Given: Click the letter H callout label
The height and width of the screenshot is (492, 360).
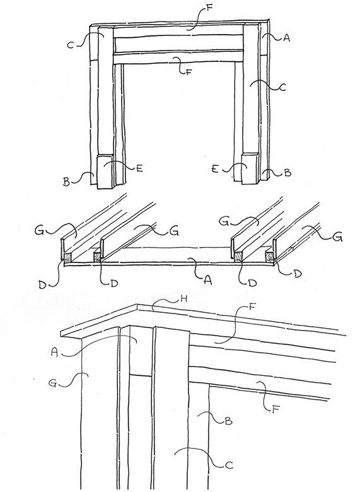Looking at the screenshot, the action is point(185,298).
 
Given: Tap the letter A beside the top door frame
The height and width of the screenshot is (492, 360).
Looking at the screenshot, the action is point(286,38).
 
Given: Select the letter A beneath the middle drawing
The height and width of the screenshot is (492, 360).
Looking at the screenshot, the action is point(207,280).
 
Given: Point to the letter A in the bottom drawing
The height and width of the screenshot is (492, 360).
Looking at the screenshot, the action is point(55,353).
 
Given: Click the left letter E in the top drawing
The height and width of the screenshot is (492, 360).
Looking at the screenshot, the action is point(139,168).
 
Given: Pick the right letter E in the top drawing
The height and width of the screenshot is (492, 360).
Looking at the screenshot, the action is point(215,170).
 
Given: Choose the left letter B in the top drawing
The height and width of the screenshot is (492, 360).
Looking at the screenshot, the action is point(66,182).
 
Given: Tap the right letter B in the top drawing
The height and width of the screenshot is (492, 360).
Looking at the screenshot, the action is point(287,173).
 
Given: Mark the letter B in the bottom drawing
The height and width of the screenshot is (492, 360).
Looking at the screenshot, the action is point(229,421).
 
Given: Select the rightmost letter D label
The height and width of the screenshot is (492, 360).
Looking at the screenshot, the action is point(298,273).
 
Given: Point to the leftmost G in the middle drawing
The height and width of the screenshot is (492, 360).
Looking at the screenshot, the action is point(40,232).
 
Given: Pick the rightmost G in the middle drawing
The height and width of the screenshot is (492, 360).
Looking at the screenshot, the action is point(338,238).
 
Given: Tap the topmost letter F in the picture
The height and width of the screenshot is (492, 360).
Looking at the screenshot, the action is point(209,8).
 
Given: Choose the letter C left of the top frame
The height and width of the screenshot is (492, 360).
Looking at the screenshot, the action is point(71,45).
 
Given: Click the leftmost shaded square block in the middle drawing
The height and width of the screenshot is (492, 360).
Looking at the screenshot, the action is point(67,257).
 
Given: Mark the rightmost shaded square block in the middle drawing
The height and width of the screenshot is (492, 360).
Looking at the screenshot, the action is point(269,256).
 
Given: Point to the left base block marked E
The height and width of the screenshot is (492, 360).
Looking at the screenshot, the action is point(105,171).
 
